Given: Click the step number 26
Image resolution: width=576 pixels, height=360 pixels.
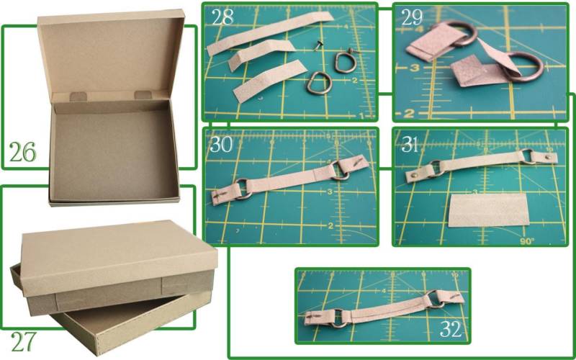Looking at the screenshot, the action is click(23, 152).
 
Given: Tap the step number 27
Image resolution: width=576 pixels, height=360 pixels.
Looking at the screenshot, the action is click(24, 341).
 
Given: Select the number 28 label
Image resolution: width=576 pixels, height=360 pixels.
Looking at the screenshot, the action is click(222, 17).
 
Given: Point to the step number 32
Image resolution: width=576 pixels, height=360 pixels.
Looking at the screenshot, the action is click(451, 329).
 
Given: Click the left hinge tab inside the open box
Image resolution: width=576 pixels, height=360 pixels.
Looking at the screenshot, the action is click(78, 96).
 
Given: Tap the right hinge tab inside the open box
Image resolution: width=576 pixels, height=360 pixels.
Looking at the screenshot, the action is click(143, 95).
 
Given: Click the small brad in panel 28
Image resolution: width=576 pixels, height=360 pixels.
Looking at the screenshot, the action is click(317, 45).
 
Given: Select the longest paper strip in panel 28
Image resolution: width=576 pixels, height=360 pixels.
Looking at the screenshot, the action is click(270, 33).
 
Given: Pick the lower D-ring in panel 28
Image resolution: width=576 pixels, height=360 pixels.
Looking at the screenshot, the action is click(319, 83).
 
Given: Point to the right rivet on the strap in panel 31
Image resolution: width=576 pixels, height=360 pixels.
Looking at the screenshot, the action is click(547, 157).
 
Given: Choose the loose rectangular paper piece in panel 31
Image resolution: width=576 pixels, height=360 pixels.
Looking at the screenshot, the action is click(489, 210).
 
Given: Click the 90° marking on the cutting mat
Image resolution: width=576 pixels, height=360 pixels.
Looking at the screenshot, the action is click(527, 241).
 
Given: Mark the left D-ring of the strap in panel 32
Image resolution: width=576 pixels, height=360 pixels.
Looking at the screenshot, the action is click(338, 318).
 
